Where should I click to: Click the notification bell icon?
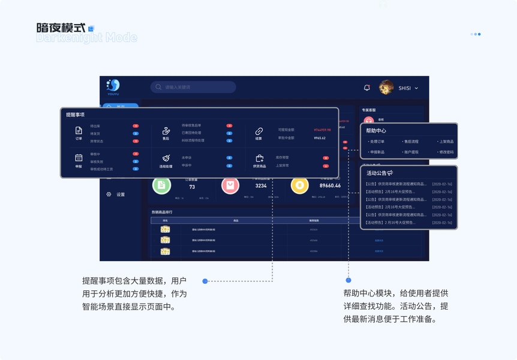(367, 88)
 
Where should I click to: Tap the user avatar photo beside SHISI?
(386, 88)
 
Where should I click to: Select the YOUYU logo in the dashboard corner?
(113, 86)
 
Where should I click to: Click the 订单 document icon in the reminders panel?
(79, 131)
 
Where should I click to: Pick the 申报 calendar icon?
(79, 158)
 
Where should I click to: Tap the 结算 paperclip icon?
(259, 131)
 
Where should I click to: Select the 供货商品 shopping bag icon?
(259, 158)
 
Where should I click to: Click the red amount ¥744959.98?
(322, 130)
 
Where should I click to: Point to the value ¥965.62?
(320, 138)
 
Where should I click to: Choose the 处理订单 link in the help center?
(377, 142)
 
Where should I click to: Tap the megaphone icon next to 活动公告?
(390, 173)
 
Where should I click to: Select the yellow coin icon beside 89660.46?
(299, 185)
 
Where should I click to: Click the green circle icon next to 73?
(161, 185)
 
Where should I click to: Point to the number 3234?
(261, 186)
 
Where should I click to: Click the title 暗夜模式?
(60, 28)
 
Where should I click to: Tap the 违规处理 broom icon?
(166, 158)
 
